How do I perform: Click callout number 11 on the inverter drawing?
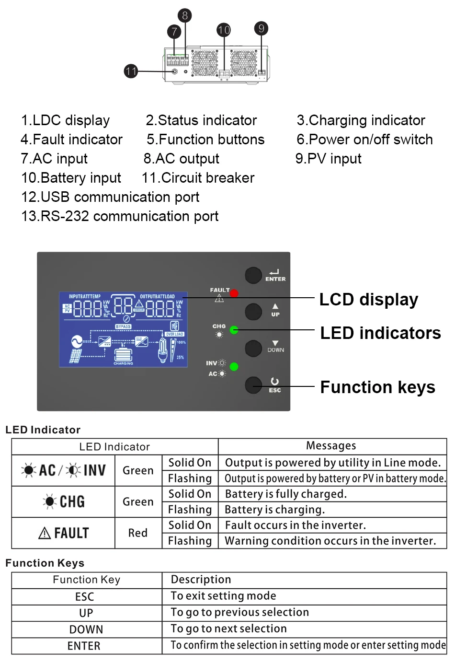[x=131, y=71]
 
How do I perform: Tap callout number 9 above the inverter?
[x=261, y=28]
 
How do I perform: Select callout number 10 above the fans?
[x=224, y=30]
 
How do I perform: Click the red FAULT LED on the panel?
[x=234, y=293]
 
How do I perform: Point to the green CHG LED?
[x=234, y=330]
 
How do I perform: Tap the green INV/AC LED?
[x=234, y=367]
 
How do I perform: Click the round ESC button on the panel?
[x=253, y=385]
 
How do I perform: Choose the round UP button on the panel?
[x=253, y=312]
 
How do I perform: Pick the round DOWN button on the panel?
[x=253, y=348]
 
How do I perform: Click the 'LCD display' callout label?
[x=368, y=300]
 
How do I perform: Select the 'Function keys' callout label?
[x=377, y=387]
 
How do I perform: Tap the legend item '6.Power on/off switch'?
[x=364, y=140]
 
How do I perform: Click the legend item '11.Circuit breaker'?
[x=198, y=178]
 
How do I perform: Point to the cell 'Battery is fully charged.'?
[x=285, y=494]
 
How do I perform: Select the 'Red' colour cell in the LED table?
[x=138, y=533]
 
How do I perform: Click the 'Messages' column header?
[x=331, y=446]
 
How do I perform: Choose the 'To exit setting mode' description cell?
[x=223, y=596]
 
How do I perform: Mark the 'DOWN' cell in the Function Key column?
[x=86, y=629]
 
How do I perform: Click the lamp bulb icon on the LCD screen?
[x=163, y=349]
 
